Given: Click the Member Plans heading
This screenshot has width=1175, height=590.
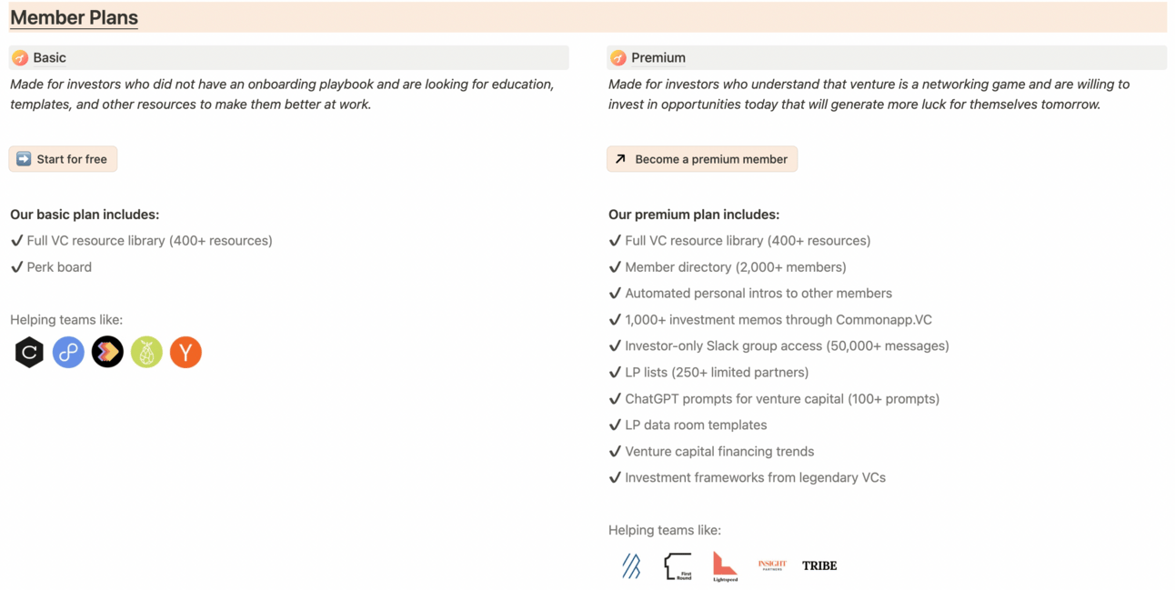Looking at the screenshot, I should coord(74,17).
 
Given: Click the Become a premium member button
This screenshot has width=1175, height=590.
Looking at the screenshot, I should coord(702,159).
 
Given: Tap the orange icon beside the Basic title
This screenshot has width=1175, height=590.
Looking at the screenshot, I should coord(20,58).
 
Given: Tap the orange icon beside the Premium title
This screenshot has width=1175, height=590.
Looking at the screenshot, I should coord(618,58).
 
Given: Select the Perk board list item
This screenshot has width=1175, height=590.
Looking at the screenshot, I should coord(59,267).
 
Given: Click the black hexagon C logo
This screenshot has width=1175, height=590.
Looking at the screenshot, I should coord(29,352).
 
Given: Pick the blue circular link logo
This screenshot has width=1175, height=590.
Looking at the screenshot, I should coord(68,352).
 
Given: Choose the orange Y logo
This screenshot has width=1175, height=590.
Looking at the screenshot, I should coord(186,352).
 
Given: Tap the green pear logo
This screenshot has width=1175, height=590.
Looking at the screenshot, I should coord(146,352).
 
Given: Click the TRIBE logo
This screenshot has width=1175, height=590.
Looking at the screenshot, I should coord(819,565).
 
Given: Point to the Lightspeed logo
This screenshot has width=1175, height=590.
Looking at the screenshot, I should coord(725,565).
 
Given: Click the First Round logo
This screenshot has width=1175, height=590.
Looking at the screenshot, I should coord(678,565).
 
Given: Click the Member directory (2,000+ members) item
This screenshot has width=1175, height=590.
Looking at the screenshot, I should coord(735,267).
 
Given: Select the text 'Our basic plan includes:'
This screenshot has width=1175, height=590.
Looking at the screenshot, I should coord(85,215).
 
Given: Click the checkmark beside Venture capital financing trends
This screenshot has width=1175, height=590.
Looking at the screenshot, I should coord(615,451).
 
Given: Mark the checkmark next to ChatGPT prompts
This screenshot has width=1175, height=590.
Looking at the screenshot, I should coord(615,398).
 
